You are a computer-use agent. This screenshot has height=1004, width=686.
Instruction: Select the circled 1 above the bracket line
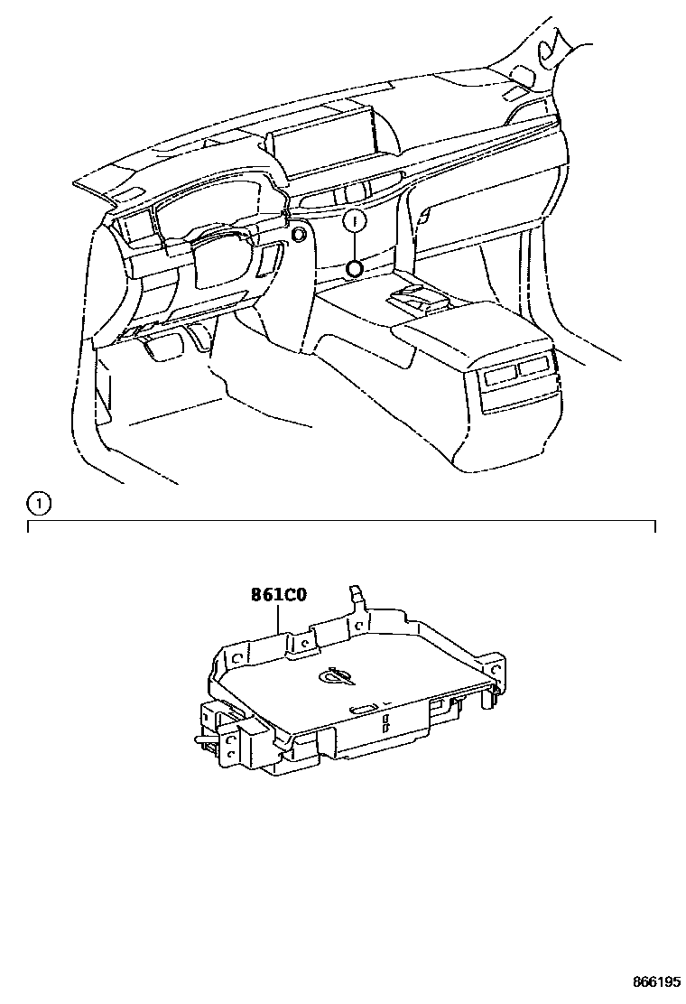(x=37, y=502)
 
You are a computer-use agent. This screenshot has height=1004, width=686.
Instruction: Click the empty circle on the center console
(x=355, y=267)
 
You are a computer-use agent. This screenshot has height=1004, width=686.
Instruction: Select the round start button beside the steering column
(x=297, y=235)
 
